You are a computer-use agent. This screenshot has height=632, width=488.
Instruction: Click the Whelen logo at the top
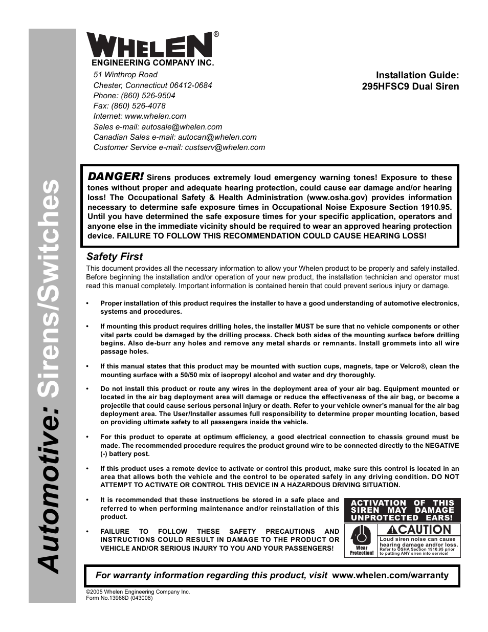149,45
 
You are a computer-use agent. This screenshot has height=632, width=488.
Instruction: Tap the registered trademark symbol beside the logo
216,34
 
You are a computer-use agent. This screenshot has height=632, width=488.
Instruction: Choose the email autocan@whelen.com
216,137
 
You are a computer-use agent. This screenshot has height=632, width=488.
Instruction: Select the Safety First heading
115,256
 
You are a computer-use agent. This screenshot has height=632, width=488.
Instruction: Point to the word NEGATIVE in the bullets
439,446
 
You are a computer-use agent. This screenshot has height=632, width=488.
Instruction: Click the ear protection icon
362,537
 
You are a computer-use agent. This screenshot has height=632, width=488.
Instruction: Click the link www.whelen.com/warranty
390,575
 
